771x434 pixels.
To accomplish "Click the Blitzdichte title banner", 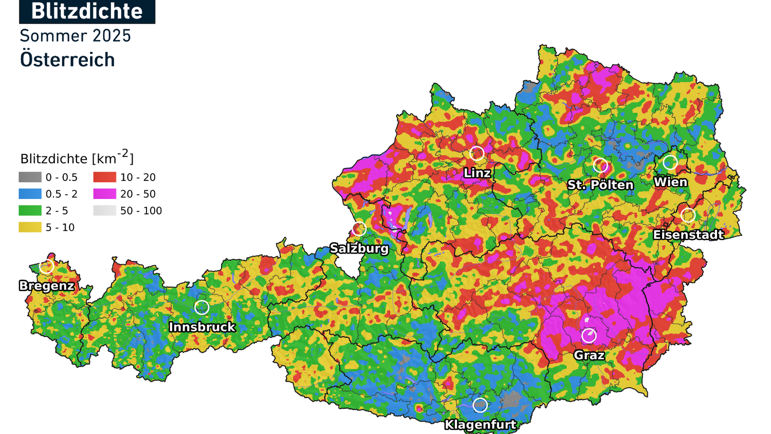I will tap(87, 11).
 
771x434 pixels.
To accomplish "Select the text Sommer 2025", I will tap(75, 36).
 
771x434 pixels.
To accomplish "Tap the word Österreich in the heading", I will tap(67, 60).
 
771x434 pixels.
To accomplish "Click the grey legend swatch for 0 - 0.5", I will tap(30, 177).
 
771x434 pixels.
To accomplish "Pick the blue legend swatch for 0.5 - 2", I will tap(30, 194).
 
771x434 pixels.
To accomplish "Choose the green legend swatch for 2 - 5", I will tap(30, 211).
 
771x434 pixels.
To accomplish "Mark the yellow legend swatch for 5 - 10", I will tap(30, 227).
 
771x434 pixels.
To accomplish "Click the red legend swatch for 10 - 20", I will tap(104, 177).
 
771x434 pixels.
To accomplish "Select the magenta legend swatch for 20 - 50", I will tap(104, 194).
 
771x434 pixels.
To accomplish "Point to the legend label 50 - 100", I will tap(141, 211).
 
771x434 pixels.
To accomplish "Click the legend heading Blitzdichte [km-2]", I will tap(77, 158).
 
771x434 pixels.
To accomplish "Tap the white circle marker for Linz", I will tap(477, 153).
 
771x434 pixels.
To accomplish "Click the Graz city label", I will tap(589, 355).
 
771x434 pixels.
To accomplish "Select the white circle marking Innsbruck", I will tap(201, 308).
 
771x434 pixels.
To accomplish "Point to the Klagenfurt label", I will tap(480, 425).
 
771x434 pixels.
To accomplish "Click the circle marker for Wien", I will tap(670, 162).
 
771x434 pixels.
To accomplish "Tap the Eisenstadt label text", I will tap(688, 235).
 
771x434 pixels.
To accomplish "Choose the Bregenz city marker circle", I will tap(47, 266).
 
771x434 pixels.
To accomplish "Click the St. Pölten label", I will tap(600, 185).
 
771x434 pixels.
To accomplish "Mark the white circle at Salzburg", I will tap(359, 228).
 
